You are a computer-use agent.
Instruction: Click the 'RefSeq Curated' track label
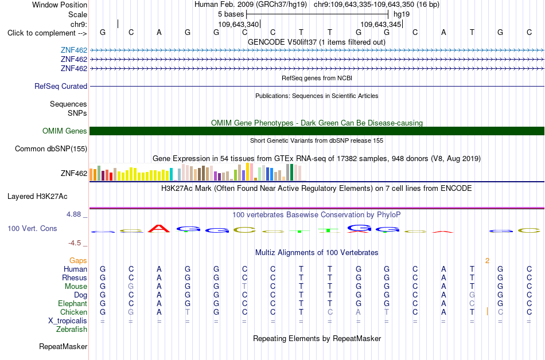tap(61, 87)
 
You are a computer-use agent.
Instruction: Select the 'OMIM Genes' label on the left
tap(65, 131)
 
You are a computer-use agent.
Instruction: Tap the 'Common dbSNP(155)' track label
tap(51, 149)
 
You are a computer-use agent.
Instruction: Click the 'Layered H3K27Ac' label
tap(37, 197)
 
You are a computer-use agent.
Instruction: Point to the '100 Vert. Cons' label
tap(32, 228)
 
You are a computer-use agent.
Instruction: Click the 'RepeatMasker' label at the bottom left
tap(63, 346)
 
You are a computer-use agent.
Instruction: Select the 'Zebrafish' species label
tap(72, 329)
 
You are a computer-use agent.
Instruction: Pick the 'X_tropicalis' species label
tap(68, 321)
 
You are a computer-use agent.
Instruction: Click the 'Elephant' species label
tap(73, 303)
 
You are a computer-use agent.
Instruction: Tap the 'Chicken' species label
tap(73, 312)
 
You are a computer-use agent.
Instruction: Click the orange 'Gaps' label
tap(78, 260)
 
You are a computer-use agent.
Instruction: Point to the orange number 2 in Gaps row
tap(487, 261)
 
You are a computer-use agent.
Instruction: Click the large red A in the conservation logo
tap(159, 229)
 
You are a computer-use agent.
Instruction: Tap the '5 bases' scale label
tap(231, 14)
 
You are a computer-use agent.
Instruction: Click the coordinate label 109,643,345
tap(380, 24)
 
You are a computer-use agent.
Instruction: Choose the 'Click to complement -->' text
tap(47, 33)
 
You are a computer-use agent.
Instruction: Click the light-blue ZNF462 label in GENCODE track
tap(74, 50)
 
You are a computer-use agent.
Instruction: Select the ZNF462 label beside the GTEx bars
tap(74, 173)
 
